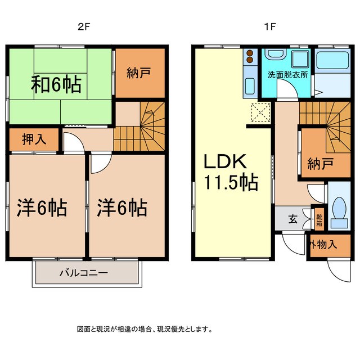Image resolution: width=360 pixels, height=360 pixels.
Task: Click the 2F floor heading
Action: coord(83,27)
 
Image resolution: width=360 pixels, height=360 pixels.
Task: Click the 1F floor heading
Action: coord(269,27)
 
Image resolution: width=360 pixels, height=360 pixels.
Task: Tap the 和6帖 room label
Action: coord(56,84)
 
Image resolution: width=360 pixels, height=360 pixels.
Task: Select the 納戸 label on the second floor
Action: coord(139,73)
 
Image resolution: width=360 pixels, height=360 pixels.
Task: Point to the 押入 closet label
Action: coord(34,139)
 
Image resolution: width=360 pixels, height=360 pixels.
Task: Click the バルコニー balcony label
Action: coord(84,273)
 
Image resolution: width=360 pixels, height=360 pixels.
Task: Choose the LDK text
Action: coord(225,161)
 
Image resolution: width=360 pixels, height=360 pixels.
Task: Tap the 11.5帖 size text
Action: coord(231,183)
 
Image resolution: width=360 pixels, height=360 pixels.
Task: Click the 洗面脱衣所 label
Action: coord(287,75)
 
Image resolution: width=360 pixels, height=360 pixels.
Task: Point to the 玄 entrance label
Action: coord(292,219)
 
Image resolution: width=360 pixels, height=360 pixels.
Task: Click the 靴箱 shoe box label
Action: coord(319,220)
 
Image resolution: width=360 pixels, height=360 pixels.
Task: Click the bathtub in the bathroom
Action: coord(332,60)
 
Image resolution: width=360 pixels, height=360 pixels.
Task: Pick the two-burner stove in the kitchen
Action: coord(250,56)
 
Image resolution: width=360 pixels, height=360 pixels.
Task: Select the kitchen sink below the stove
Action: coord(250,86)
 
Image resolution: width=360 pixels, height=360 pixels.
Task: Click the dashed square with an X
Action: coord(261,112)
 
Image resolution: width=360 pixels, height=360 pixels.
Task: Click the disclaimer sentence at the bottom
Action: coord(145,330)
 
